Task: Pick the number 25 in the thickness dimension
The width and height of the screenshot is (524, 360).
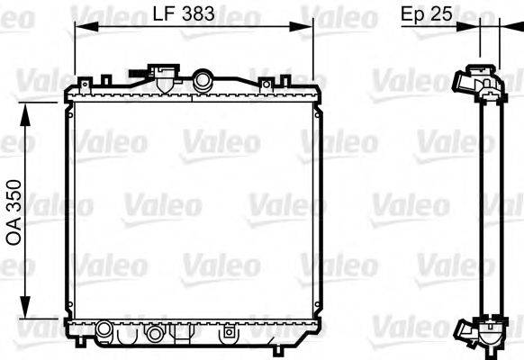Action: point(443,14)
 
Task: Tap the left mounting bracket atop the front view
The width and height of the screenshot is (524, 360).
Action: point(86,84)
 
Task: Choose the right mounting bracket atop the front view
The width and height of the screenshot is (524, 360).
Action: point(265,84)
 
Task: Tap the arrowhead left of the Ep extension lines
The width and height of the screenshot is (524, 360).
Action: point(471,27)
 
